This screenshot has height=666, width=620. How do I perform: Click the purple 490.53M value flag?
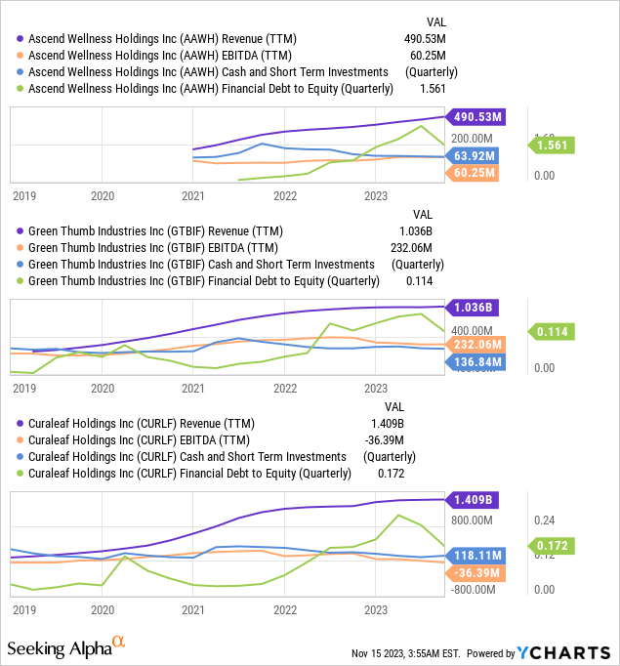point(475,117)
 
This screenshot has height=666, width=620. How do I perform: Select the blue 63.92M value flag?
point(475,154)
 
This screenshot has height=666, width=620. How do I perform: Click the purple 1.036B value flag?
point(472,307)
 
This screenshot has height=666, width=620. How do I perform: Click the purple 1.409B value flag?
point(472,500)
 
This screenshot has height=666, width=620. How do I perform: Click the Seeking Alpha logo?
point(66,648)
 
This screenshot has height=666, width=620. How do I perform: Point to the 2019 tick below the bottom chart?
point(23,608)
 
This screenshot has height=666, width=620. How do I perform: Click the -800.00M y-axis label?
point(475,589)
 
